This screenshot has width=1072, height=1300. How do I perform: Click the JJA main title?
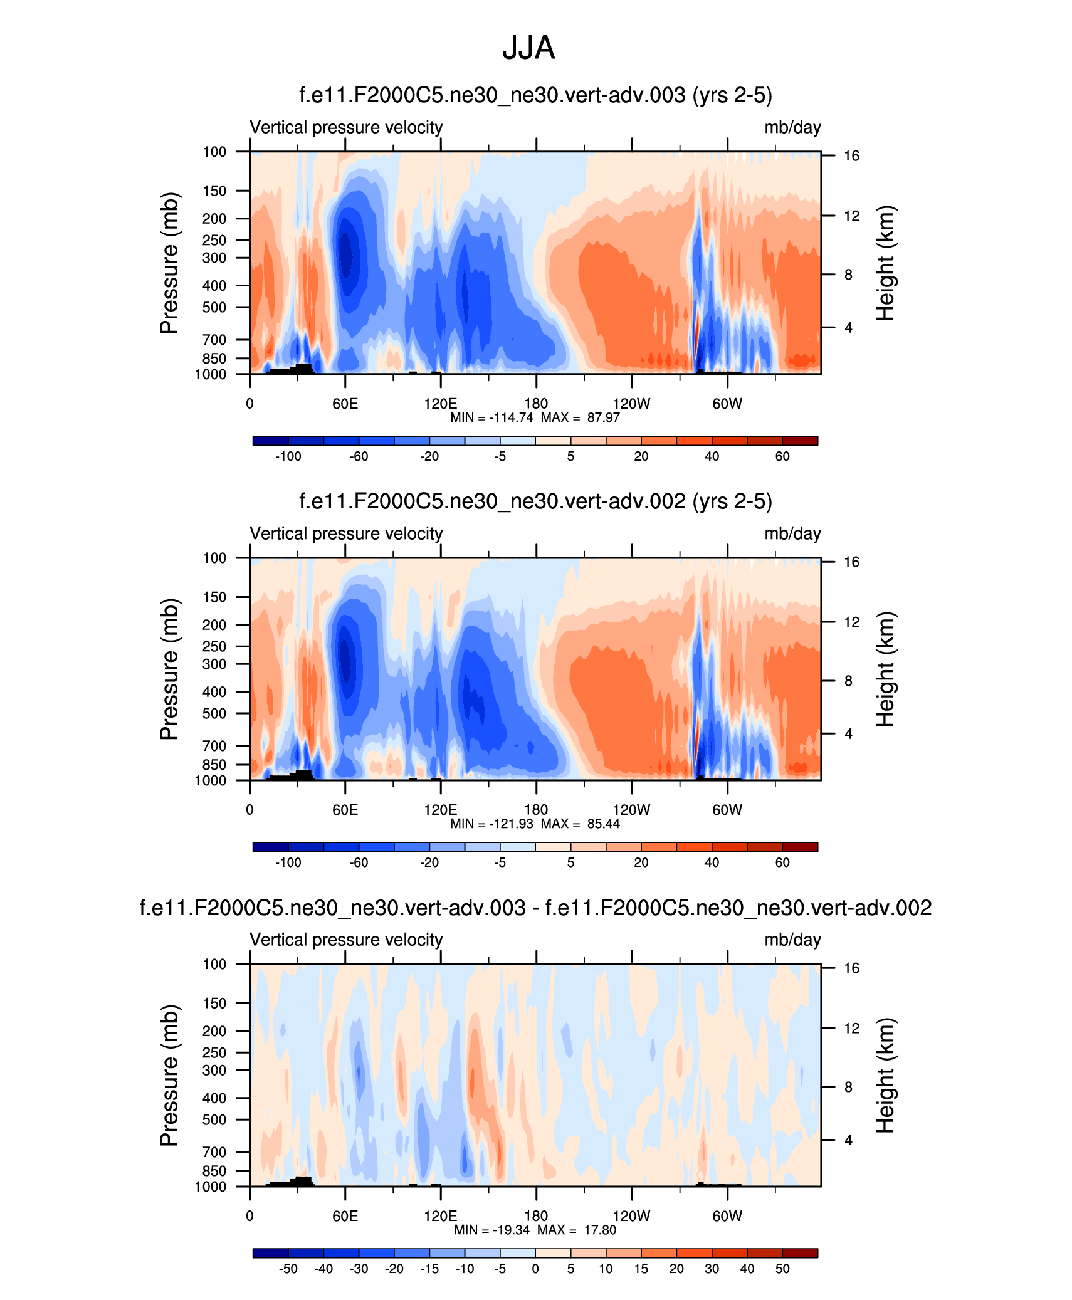[x=528, y=48]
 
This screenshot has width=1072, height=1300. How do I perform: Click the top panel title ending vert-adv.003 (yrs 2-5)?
[x=535, y=95]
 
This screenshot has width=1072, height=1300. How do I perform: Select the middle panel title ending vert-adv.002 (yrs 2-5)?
[x=535, y=501]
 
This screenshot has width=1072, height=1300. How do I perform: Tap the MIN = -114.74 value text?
[x=491, y=417]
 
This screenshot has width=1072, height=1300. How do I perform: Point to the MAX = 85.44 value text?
[x=581, y=824]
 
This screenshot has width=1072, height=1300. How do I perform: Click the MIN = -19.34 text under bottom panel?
[x=491, y=1230]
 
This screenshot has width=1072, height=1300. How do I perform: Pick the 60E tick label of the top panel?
[x=345, y=404]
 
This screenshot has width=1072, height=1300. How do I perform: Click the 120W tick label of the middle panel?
[x=631, y=810]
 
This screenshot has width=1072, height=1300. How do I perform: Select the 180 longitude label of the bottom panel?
[x=536, y=1216]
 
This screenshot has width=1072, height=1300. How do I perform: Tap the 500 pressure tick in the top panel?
[x=214, y=307]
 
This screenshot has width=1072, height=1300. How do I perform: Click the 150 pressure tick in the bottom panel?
[x=214, y=1004]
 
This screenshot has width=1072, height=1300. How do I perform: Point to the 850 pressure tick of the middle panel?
[x=214, y=765]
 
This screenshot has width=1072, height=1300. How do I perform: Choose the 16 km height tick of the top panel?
[x=851, y=156]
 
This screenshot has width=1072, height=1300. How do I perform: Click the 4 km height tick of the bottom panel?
[x=848, y=1140]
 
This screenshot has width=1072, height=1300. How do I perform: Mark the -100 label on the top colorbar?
[x=288, y=456]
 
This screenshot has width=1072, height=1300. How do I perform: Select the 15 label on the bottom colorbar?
[x=641, y=1269]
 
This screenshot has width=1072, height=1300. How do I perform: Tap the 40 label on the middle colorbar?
[x=712, y=862]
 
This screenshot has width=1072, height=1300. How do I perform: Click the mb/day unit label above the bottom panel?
[x=792, y=940]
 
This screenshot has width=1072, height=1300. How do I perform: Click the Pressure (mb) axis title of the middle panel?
[x=169, y=669]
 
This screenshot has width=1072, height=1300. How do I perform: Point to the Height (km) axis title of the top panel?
[x=885, y=263]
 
